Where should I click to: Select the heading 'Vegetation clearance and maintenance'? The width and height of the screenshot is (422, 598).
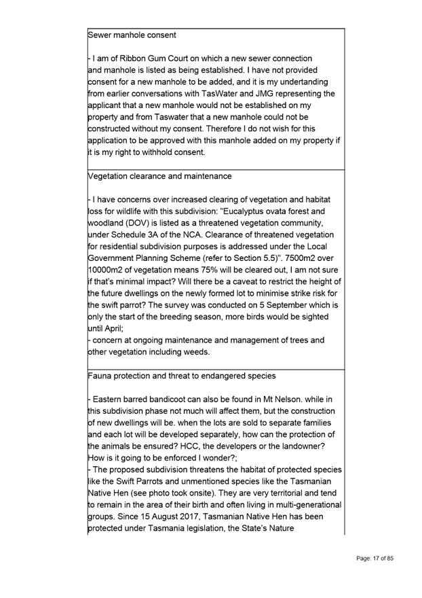coord(160,176)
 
